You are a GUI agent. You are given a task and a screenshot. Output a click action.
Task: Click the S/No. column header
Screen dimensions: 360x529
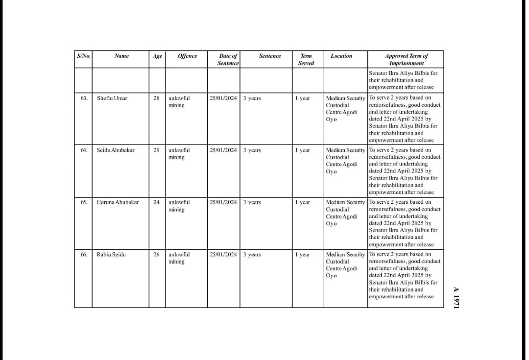pos(84,56)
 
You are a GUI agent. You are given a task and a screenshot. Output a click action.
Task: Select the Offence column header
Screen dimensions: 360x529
pos(187,56)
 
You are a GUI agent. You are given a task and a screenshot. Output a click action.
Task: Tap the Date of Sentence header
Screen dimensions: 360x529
pos(228,59)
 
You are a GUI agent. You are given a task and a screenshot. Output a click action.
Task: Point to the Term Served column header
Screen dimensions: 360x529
pos(306,59)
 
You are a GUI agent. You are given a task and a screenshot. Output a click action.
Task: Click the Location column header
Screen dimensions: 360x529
pos(341,56)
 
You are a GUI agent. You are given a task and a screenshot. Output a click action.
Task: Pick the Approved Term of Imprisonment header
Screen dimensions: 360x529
pos(406,59)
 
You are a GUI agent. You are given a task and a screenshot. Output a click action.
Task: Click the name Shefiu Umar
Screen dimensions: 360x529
pos(112,98)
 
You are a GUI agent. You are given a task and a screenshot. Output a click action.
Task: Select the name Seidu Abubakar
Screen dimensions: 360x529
pos(115,150)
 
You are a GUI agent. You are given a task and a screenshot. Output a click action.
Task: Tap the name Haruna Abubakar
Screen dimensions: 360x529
pos(118,202)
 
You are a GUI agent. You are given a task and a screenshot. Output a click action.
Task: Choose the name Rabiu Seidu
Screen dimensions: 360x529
pos(111,254)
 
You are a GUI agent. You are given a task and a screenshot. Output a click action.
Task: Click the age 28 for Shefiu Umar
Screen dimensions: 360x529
pos(156,98)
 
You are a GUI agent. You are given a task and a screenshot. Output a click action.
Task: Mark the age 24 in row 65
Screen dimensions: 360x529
pos(156,202)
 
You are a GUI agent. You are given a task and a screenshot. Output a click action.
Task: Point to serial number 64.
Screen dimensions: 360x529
pos(84,150)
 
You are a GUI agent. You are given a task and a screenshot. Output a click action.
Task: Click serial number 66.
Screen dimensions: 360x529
pos(84,254)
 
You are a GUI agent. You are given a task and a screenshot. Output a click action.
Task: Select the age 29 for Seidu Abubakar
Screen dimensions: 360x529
pos(156,150)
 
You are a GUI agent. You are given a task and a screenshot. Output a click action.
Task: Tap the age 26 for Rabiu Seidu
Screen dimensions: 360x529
pos(156,254)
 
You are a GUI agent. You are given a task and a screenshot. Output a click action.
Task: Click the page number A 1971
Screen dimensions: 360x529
pos(455,297)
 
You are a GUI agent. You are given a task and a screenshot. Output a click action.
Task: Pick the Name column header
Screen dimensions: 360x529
pos(121,56)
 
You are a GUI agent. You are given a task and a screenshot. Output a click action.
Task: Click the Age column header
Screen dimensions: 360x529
pos(157,56)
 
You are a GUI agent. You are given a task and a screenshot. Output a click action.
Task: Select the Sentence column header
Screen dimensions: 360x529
pos(270,56)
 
